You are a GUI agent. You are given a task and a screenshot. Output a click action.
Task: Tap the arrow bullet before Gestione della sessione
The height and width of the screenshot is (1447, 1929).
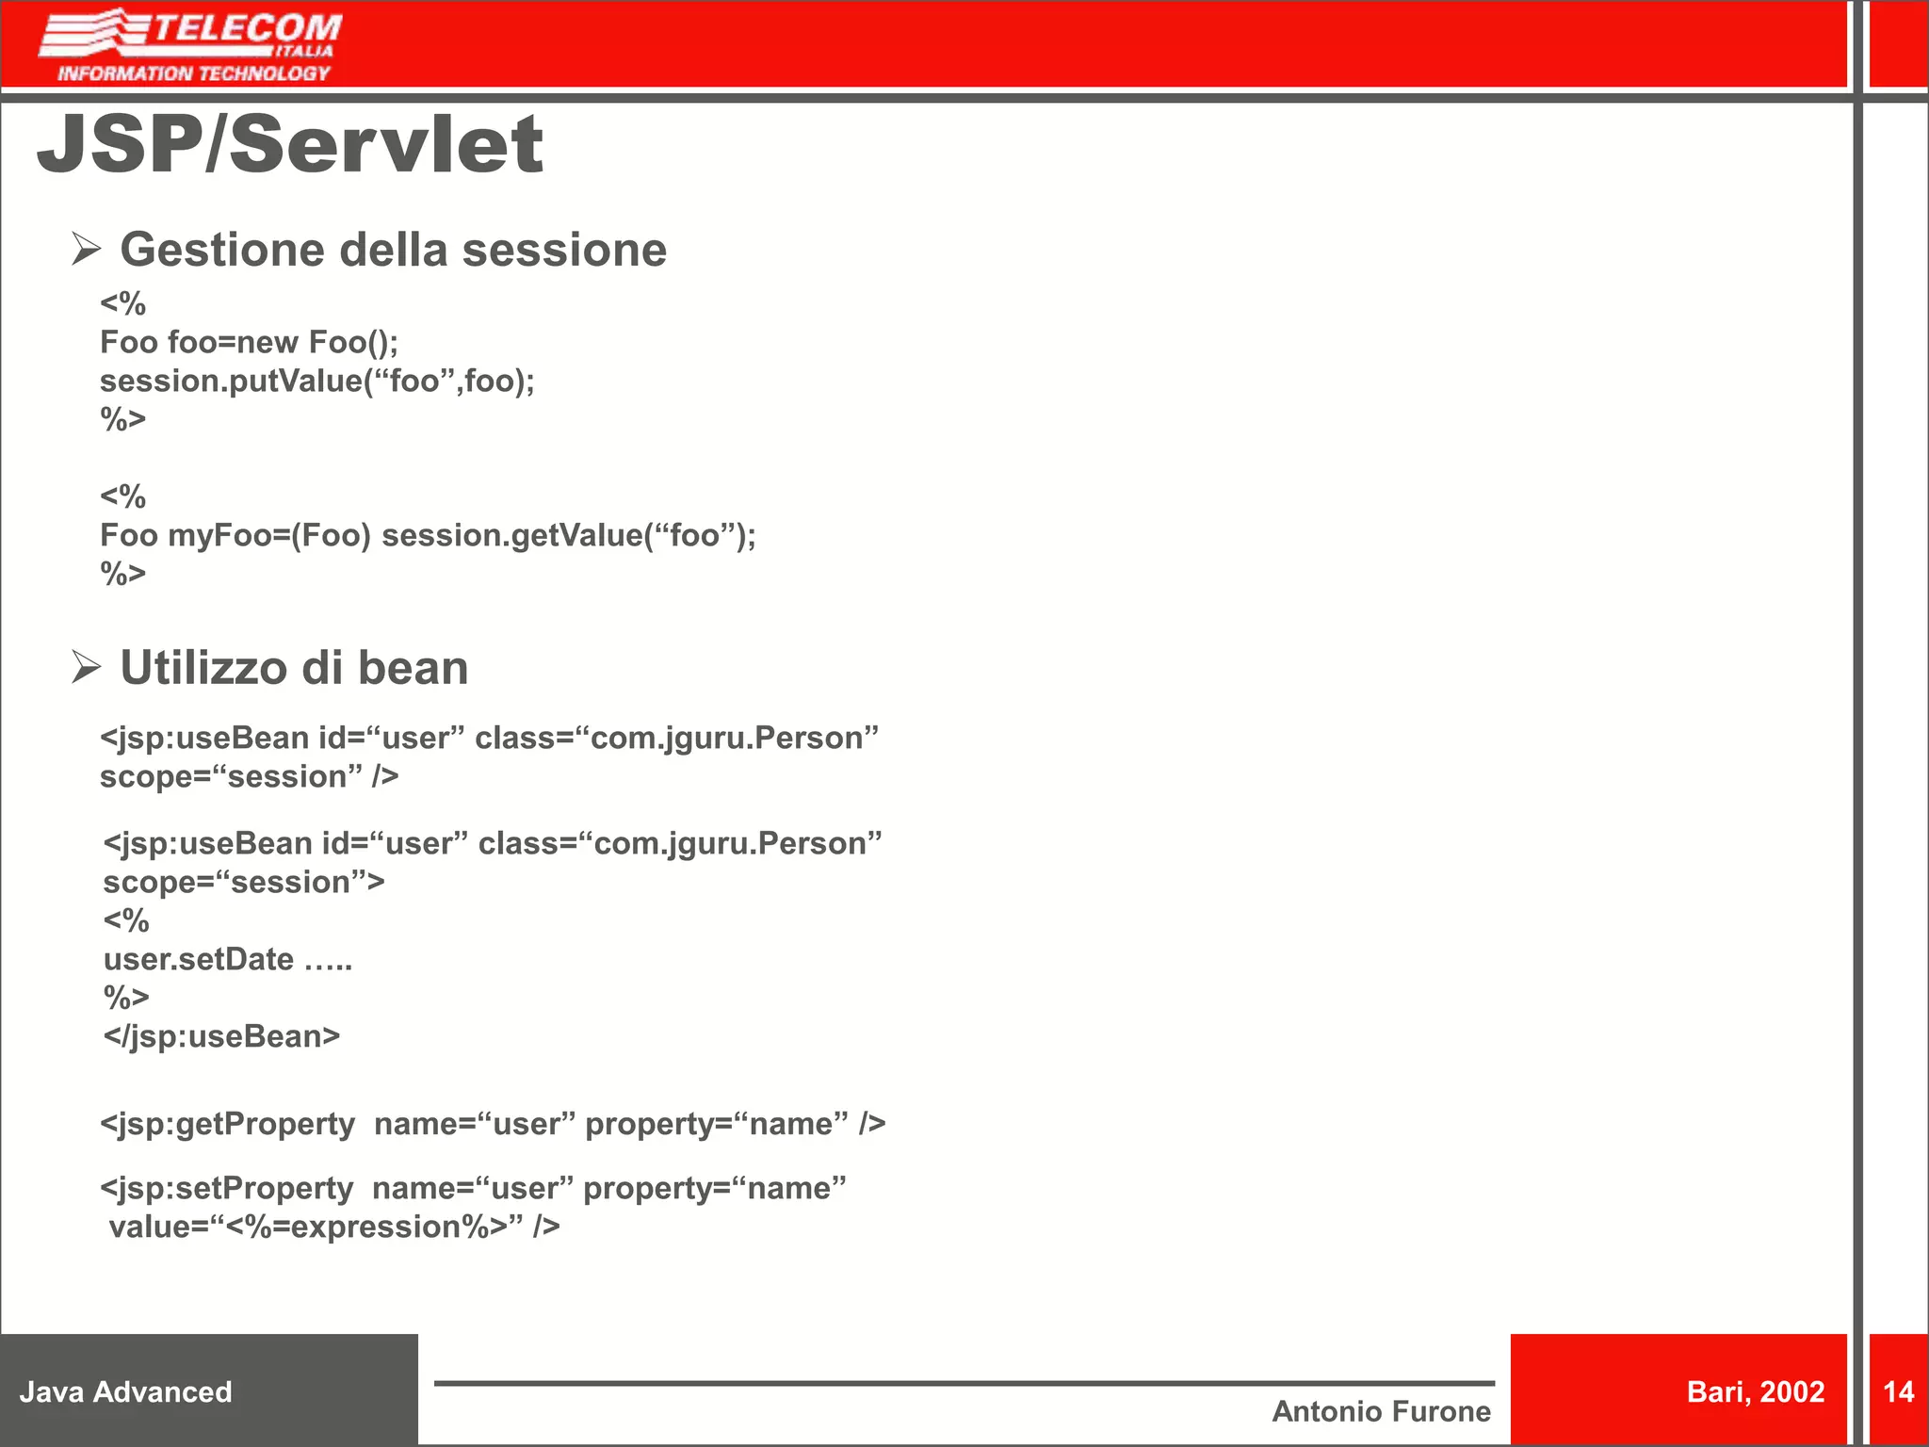86,250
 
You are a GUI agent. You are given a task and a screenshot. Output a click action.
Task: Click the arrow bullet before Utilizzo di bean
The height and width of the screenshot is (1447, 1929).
86,668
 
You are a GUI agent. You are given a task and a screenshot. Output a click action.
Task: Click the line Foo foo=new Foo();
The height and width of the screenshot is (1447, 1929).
249,342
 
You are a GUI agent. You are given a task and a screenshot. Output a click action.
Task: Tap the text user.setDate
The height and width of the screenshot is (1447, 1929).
199,960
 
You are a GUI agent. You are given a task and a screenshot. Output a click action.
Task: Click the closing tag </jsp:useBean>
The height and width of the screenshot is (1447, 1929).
221,1036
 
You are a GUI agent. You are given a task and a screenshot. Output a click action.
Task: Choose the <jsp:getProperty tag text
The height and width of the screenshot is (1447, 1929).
227,1124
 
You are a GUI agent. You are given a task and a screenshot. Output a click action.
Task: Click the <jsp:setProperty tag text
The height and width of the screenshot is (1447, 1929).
226,1189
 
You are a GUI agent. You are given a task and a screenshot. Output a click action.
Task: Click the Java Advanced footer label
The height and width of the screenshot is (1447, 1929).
125,1391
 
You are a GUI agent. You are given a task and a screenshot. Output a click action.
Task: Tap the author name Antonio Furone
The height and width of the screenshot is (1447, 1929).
1381,1411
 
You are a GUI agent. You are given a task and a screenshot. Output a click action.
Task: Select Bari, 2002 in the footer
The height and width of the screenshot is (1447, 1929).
1755,1391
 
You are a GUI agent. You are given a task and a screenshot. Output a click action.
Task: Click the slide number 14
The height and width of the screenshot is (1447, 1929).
1898,1391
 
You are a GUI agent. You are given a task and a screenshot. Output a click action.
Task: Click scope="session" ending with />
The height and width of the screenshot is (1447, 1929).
249,777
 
